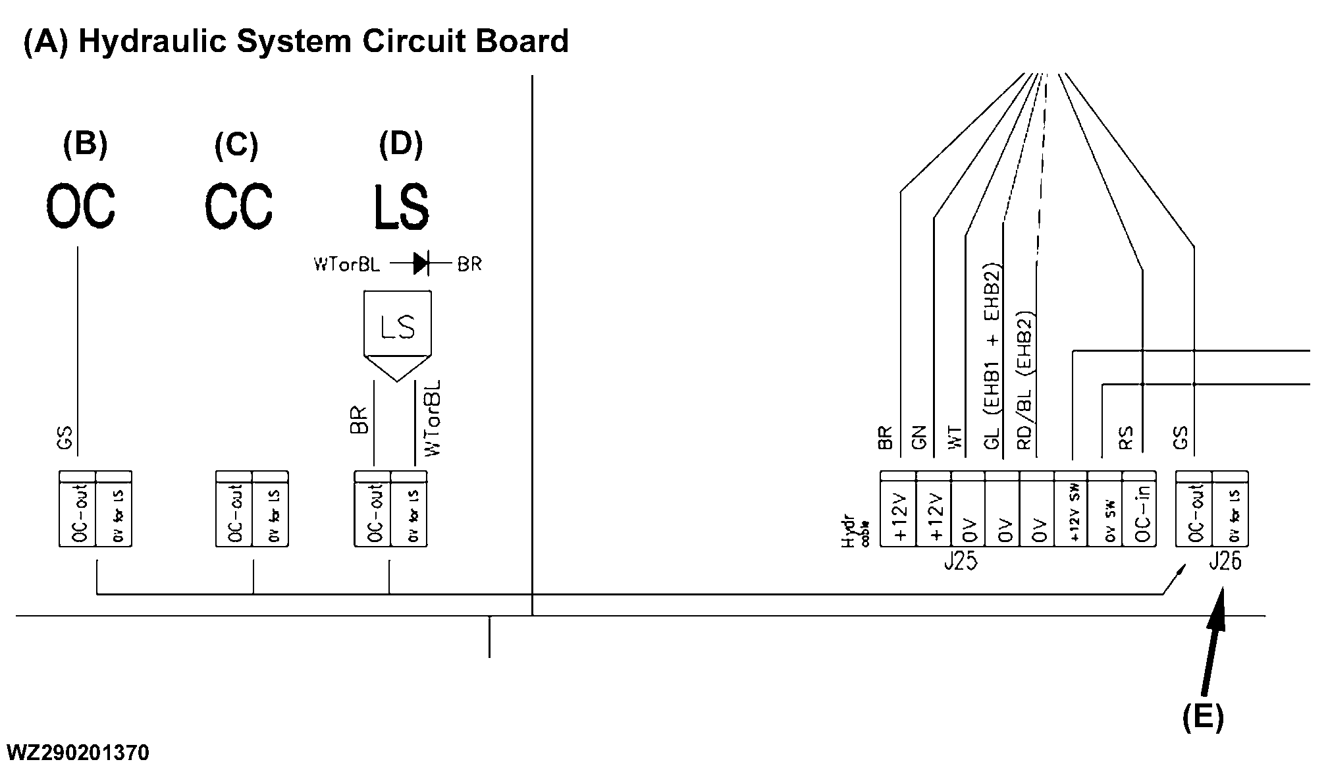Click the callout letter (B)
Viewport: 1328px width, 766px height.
85,144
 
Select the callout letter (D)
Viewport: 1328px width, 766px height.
400,144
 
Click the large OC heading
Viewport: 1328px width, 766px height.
80,206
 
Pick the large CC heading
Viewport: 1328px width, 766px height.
238,206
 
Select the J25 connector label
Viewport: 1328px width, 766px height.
960,562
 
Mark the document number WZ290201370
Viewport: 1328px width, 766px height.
78,752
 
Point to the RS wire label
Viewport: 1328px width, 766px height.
1125,438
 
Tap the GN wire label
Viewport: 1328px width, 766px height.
920,437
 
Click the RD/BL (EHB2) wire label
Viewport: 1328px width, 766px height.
1025,381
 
